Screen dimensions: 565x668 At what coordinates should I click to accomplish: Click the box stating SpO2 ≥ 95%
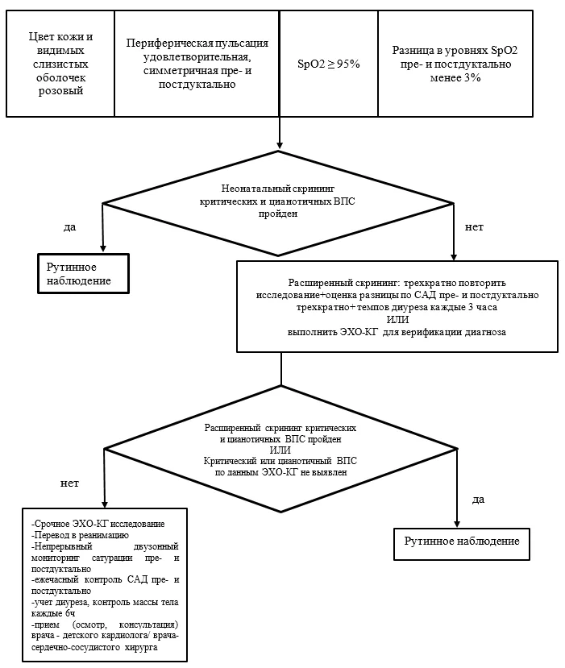point(329,64)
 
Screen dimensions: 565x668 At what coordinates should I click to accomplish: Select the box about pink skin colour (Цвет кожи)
point(60,64)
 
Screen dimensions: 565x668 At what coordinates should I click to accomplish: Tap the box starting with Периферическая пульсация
point(197,64)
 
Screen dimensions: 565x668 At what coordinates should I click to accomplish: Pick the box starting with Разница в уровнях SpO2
point(455,64)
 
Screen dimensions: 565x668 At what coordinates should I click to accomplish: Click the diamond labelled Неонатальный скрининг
point(278,203)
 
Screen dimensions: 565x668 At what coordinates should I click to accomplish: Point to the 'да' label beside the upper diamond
point(69,227)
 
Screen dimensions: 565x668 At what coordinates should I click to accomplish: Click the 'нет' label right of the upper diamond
point(474,227)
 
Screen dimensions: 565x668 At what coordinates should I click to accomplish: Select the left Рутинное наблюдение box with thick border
point(84,273)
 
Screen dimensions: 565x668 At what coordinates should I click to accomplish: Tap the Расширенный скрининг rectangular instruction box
point(397,307)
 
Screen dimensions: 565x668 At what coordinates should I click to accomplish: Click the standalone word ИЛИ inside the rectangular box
point(397,320)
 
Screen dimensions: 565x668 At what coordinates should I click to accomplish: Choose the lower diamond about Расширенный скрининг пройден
point(280,449)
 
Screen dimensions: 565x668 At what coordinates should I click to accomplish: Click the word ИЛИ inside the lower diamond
point(280,450)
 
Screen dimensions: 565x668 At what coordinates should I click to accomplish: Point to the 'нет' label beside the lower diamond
point(69,483)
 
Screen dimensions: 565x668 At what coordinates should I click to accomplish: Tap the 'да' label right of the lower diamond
point(478,500)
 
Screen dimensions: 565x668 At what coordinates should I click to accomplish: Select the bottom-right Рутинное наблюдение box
point(462,544)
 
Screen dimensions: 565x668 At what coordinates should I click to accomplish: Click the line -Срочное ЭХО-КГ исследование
point(98,524)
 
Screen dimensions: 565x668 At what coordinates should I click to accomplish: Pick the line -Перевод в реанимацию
point(80,535)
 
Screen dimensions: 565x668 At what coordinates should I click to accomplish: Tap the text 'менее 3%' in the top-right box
point(455,78)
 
